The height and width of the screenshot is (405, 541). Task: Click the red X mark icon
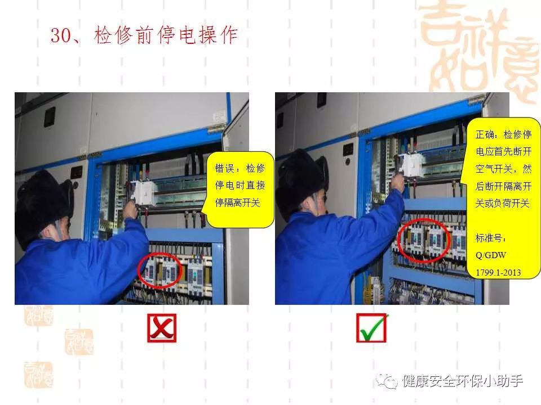coord(162,328)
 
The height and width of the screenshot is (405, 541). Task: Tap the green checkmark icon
coord(372,328)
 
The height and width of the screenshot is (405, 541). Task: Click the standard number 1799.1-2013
coord(498,272)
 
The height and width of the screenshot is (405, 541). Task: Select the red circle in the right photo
coord(424,240)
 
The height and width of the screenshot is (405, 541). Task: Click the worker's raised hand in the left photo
coord(131,209)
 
